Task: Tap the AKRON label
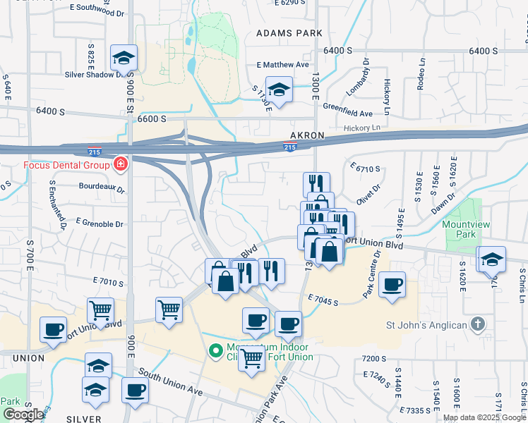[x=307, y=135]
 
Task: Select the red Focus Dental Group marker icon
[x=121, y=165]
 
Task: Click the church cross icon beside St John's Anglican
[x=478, y=324]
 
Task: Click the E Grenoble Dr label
[x=100, y=224]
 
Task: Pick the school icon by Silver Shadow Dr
[x=124, y=59]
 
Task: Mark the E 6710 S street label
[x=365, y=168]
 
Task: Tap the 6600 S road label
[x=152, y=119]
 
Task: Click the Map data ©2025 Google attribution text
[x=484, y=417]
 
